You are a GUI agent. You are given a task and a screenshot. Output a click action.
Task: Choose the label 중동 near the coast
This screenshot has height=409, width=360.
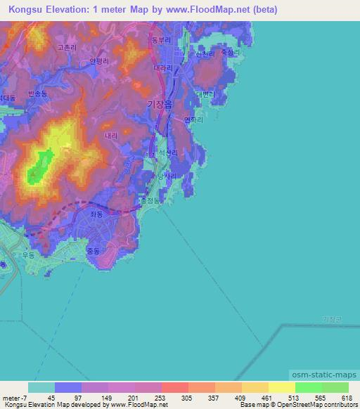click(93, 249)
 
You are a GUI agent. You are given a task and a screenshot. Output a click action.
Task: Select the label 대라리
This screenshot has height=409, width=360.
click(162, 69)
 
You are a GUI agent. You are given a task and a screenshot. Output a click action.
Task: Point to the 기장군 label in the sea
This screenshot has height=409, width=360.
click(331, 318)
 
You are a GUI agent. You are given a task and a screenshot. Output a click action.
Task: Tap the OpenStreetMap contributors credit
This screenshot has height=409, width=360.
click(322, 405)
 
